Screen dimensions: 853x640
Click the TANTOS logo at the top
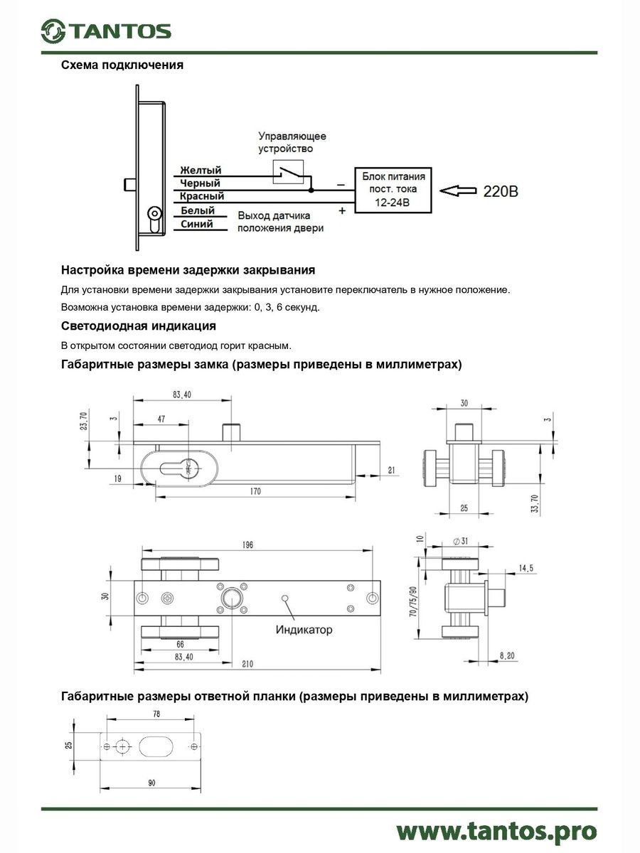(x=105, y=31)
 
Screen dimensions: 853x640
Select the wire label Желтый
(x=201, y=171)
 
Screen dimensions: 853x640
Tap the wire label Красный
(x=202, y=196)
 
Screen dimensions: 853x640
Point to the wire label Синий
(x=197, y=223)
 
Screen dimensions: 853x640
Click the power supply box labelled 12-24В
(x=394, y=190)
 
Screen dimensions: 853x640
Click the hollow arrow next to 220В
(x=457, y=191)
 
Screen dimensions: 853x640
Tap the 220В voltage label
(x=501, y=191)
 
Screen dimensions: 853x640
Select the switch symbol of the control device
(x=289, y=171)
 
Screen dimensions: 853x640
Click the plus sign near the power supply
(x=342, y=210)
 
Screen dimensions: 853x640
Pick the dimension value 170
(x=256, y=491)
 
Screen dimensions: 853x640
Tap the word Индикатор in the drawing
(x=304, y=630)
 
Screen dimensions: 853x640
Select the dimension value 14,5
(x=527, y=568)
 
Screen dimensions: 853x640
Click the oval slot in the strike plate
(x=154, y=747)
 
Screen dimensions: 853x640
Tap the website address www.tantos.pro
(x=496, y=830)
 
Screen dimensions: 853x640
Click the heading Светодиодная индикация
(x=139, y=326)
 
